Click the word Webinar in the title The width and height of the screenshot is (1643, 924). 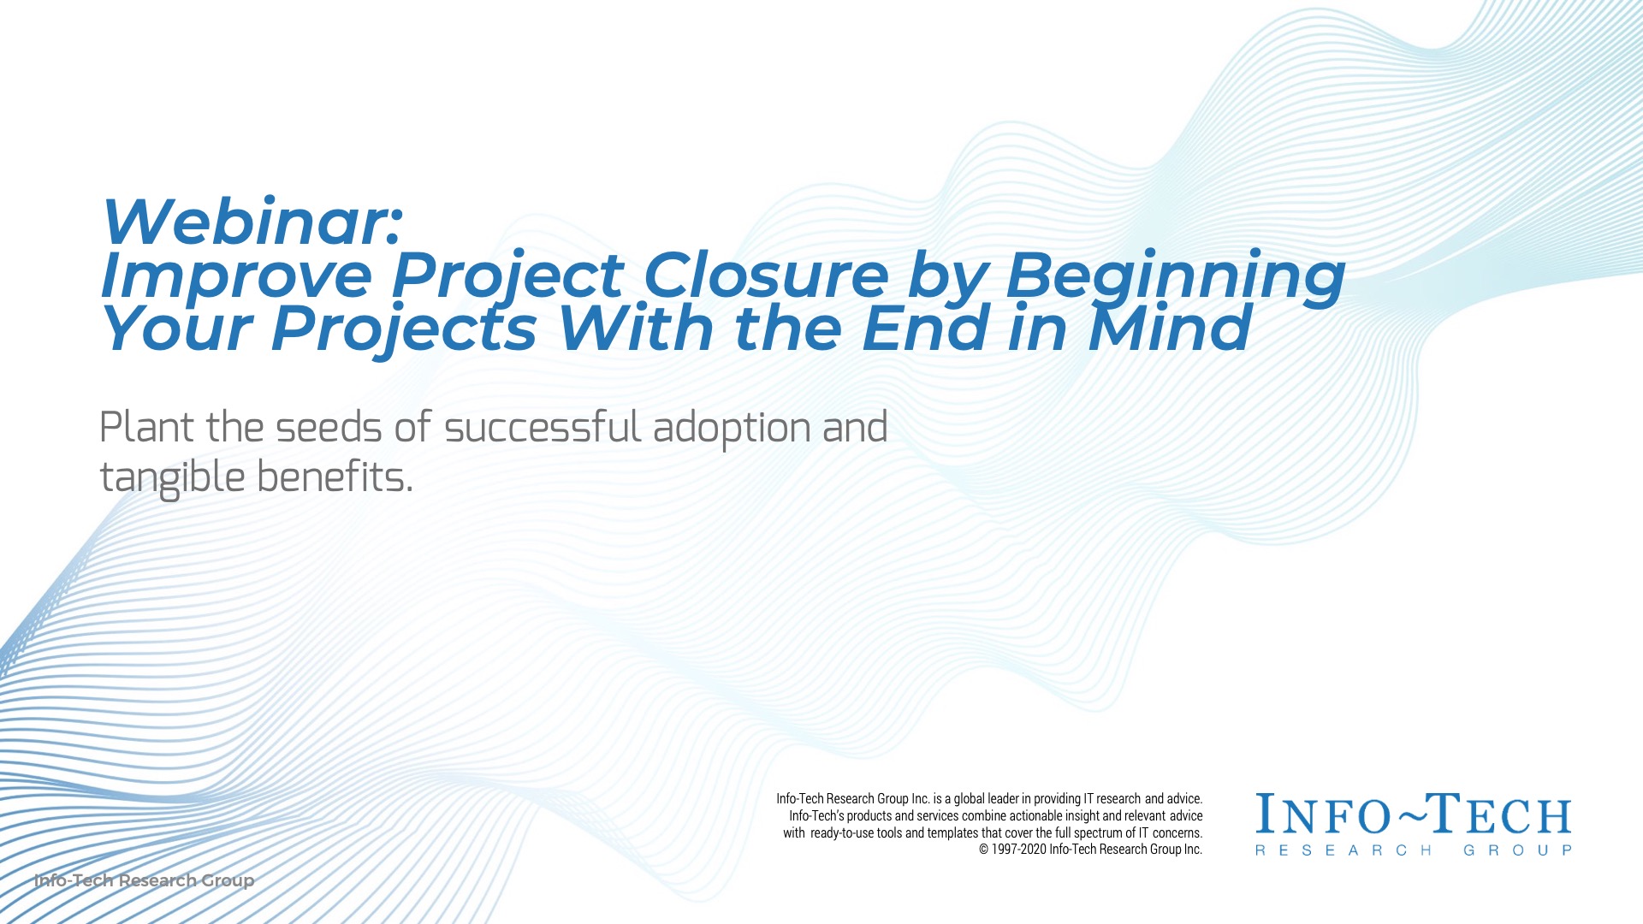[251, 222]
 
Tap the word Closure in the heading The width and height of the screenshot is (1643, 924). [766, 275]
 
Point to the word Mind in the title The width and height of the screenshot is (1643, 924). [1170, 329]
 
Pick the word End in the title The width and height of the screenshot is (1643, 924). [925, 329]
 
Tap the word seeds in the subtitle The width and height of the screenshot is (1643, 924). [328, 427]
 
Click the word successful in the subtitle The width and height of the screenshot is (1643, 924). [543, 427]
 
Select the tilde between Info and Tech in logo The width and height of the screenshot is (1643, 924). [1411, 817]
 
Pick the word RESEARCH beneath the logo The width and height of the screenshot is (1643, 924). [1343, 850]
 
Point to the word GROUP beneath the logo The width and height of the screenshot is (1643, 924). [1517, 850]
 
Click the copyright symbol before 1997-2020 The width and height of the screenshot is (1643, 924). [984, 850]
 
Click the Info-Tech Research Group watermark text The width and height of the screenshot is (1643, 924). [144, 880]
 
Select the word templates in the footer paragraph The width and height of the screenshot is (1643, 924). [952, 832]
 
